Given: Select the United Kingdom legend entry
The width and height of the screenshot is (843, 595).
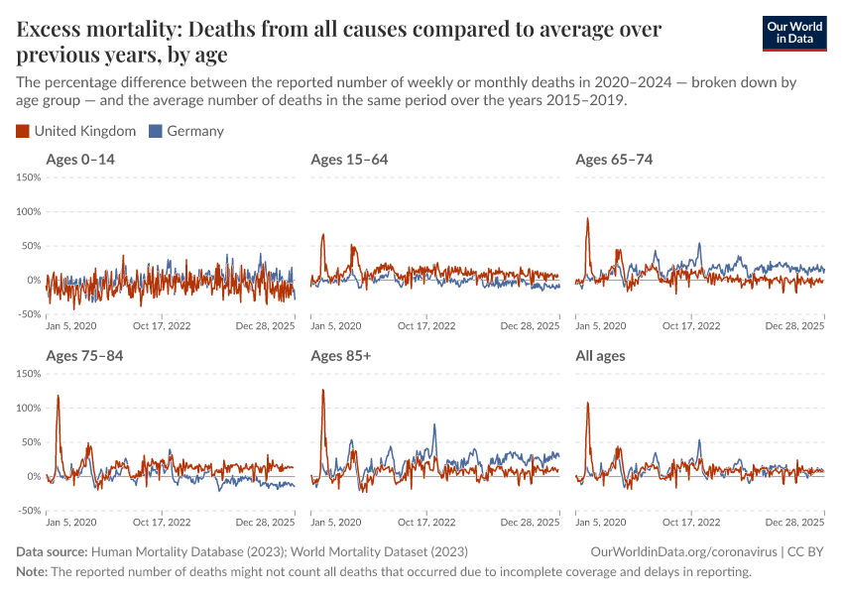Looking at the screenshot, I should (x=76, y=131).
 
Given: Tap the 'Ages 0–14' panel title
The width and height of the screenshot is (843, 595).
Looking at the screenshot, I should (x=84, y=160).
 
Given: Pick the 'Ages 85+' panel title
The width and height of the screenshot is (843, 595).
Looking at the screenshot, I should (x=343, y=356).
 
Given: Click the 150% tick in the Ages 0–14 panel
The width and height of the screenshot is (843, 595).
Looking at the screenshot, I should (x=28, y=178).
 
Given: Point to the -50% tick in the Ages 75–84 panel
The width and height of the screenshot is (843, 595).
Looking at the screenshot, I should (x=28, y=511).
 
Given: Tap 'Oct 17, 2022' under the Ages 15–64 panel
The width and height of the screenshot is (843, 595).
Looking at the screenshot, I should (x=426, y=325).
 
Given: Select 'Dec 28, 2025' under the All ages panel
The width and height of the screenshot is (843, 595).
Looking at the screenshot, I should (x=794, y=522).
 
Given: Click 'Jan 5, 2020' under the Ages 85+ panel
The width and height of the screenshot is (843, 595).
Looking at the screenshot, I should (x=335, y=522).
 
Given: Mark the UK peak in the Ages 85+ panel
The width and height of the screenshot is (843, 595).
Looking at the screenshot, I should (x=323, y=390).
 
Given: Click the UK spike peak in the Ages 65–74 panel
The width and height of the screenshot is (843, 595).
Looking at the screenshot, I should (x=587, y=218).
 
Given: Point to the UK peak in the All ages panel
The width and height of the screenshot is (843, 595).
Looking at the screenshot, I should (x=587, y=403).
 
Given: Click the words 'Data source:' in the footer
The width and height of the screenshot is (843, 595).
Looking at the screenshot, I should (x=52, y=551).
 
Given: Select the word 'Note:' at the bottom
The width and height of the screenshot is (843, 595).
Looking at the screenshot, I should (x=32, y=572).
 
